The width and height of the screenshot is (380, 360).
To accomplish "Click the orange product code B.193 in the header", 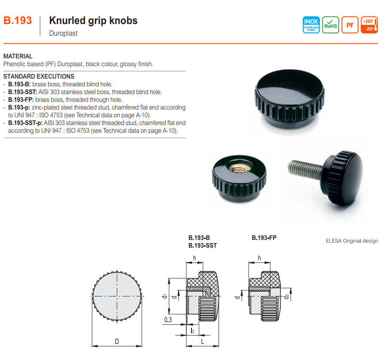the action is [18, 21].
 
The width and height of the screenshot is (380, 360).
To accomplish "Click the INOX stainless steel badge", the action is [311, 25].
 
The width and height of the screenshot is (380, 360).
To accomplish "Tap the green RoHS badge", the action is [331, 25].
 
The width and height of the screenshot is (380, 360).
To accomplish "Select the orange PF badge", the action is [350, 25].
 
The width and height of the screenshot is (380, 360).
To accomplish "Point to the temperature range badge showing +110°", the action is [369, 25].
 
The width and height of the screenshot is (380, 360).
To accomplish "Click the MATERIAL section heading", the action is [18, 56].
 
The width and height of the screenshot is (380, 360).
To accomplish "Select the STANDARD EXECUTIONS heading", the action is [39, 76].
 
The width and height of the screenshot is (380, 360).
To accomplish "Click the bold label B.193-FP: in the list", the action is [21, 100].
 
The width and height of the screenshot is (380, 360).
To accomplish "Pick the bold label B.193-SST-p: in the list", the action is [25, 123].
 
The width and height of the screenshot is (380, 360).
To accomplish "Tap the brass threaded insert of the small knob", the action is [240, 168].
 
